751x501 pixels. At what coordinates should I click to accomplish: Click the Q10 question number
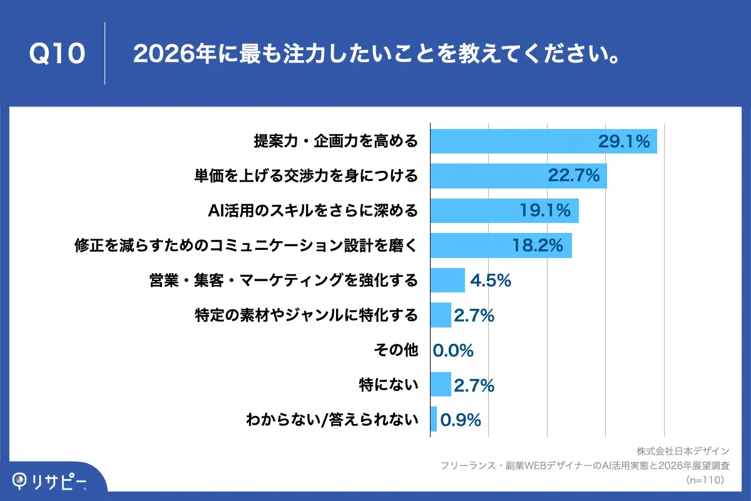[57, 54]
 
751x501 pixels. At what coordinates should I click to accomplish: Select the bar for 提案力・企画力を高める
[543, 141]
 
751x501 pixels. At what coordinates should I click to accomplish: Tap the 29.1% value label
[624, 142]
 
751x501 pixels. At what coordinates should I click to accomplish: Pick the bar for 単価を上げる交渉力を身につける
[518, 176]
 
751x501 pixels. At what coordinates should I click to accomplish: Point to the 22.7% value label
[574, 176]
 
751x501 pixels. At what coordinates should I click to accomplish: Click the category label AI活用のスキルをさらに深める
[312, 210]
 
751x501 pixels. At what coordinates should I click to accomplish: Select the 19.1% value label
[545, 210]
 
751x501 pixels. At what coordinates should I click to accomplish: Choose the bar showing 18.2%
[501, 245]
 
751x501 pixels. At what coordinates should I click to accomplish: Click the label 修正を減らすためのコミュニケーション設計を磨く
[245, 245]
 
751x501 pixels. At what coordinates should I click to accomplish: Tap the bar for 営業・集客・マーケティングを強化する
[447, 280]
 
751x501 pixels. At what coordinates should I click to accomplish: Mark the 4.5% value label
[491, 281]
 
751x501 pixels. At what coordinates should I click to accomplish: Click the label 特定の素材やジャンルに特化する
[306, 315]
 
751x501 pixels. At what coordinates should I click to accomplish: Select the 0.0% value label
[453, 350]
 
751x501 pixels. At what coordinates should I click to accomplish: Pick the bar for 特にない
[441, 385]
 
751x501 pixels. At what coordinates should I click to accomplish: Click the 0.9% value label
[461, 420]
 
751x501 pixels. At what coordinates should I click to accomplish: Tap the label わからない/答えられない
[332, 420]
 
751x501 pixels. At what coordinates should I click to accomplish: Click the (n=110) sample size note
[705, 480]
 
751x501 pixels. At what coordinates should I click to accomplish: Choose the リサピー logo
[50, 480]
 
